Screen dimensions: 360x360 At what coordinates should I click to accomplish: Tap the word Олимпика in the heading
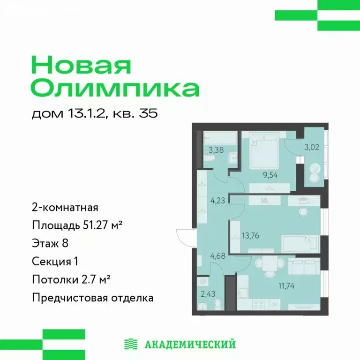tap(115, 88)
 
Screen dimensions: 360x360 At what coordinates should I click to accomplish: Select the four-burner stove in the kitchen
tap(259, 304)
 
